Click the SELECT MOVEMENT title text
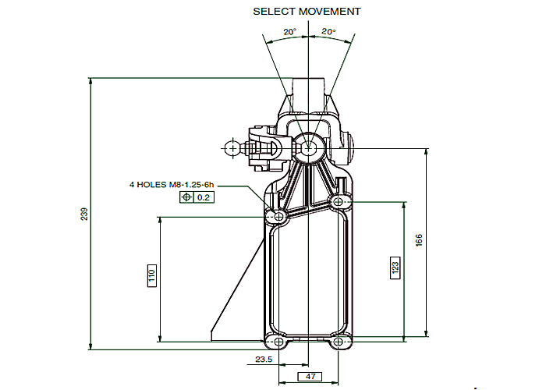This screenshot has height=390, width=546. pos(307,12)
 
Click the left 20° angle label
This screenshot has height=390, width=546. pos(289,32)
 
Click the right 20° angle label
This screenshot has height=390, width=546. pos(328,32)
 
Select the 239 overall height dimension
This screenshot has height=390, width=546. pos(84,214)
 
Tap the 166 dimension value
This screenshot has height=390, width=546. pos(419,240)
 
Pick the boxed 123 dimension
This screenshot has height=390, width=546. pos(395,268)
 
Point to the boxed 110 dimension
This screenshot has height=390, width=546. pos(152,275)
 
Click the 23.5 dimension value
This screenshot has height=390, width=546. pos(264,360)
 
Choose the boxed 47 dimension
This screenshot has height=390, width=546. pos(310,377)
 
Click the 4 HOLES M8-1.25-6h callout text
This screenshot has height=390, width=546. pos(172,185)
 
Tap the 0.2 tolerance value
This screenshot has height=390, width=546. pos(204,197)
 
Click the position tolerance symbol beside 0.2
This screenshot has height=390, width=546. pos(186,197)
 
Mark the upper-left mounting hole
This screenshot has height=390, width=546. pos(279,217)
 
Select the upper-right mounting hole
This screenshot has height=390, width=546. pos(338,201)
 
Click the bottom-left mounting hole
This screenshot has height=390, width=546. pos(279,342)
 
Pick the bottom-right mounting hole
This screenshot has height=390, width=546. pos(338,342)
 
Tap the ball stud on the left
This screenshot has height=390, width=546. pos(232,149)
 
